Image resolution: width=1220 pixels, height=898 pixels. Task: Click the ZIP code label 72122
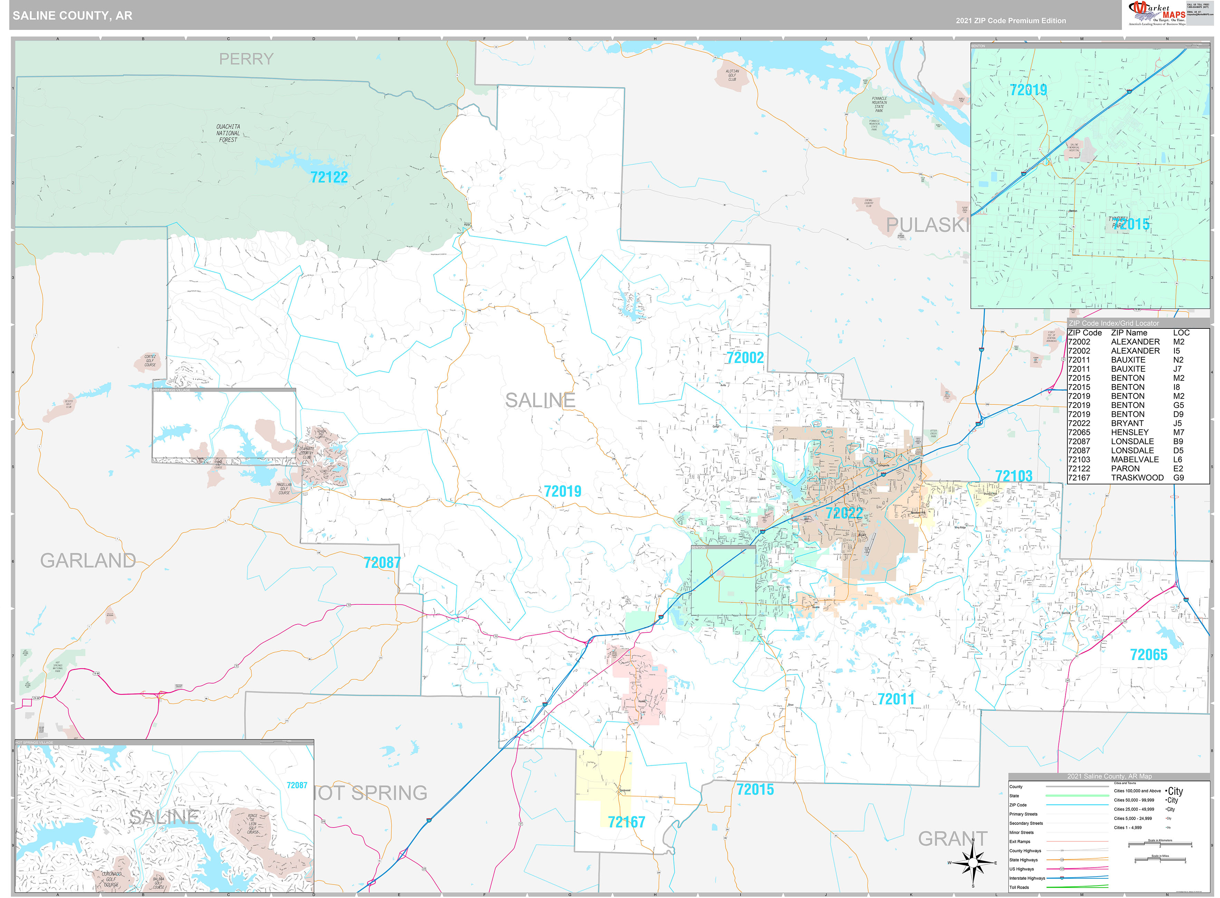click(329, 177)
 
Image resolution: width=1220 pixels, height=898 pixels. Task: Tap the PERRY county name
click(246, 59)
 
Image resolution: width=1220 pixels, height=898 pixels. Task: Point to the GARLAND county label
click(88, 561)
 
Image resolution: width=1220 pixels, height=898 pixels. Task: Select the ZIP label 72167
click(626, 822)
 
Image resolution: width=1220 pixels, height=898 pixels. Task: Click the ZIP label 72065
click(1148, 655)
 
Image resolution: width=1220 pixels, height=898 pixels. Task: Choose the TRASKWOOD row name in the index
click(1137, 478)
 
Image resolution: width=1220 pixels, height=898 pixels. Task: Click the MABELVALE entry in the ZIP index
click(1135, 459)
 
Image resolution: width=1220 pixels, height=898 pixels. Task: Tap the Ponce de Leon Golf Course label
click(253, 823)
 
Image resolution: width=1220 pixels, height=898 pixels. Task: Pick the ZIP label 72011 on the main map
click(896, 699)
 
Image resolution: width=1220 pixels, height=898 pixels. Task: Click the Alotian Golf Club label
click(732, 75)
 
